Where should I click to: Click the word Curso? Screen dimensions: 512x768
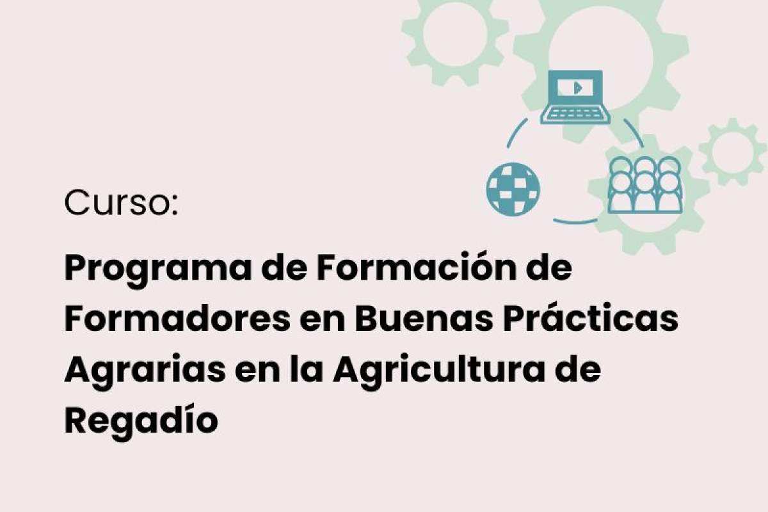121,203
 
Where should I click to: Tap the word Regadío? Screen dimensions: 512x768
141,420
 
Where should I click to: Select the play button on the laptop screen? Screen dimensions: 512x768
578,88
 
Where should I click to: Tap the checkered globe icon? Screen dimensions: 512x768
513,189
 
